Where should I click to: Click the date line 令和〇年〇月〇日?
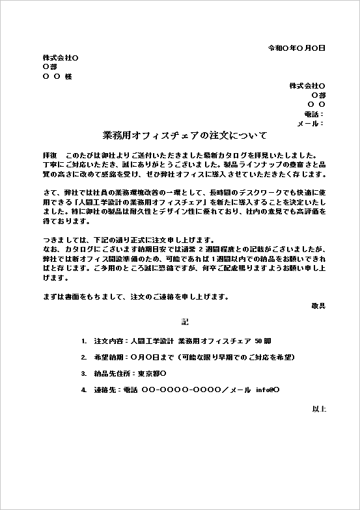point(297,48)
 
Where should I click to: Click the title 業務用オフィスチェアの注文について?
point(185,135)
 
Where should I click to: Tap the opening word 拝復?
point(49,156)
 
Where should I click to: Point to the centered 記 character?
point(184,322)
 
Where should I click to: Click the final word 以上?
point(318,408)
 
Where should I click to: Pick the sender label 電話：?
point(314,114)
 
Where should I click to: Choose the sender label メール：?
point(311,123)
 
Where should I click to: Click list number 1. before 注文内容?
point(84,341)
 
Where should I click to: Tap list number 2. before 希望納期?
point(84,357)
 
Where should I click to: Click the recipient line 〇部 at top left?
point(49,66)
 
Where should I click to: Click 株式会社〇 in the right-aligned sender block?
point(307,86)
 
